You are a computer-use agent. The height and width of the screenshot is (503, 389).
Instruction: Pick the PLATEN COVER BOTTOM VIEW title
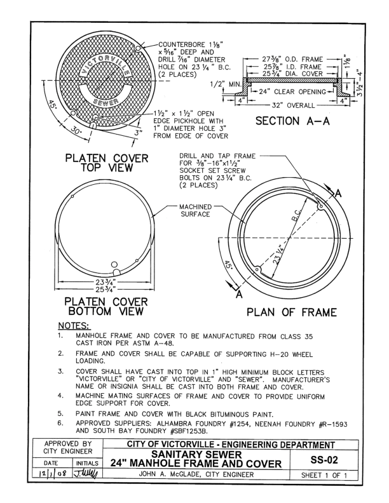click(106, 306)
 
